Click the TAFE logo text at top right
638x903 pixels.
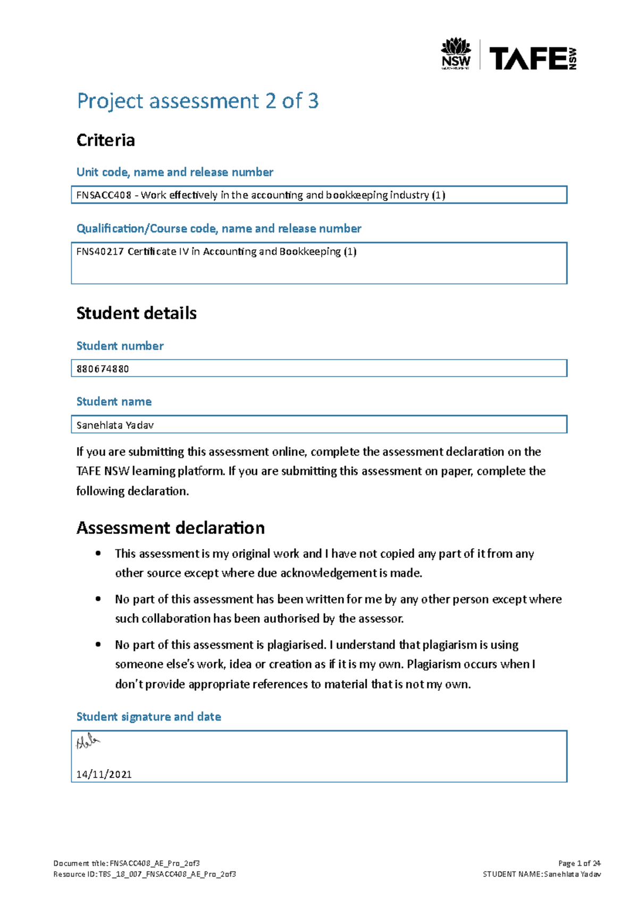[x=529, y=58]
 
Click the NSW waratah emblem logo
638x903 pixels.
[x=456, y=53]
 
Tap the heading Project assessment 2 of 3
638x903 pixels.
[x=197, y=101]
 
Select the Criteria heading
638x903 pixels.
[x=105, y=140]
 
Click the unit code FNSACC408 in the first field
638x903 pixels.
[x=104, y=195]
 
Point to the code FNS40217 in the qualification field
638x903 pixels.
[x=100, y=252]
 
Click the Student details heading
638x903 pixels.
[x=136, y=313]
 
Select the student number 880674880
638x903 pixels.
[x=103, y=369]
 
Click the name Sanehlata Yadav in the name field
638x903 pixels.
[x=115, y=425]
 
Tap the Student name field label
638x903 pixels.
[x=114, y=402]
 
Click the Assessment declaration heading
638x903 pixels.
[x=170, y=528]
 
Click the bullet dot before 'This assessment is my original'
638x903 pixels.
[x=98, y=554]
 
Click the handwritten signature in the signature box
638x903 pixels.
[x=88, y=742]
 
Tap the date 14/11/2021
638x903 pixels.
[x=104, y=774]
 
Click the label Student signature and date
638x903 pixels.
[x=148, y=717]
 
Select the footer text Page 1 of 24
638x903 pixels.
[x=579, y=864]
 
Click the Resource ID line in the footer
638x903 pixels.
[x=145, y=874]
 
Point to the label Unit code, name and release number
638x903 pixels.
[x=174, y=172]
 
